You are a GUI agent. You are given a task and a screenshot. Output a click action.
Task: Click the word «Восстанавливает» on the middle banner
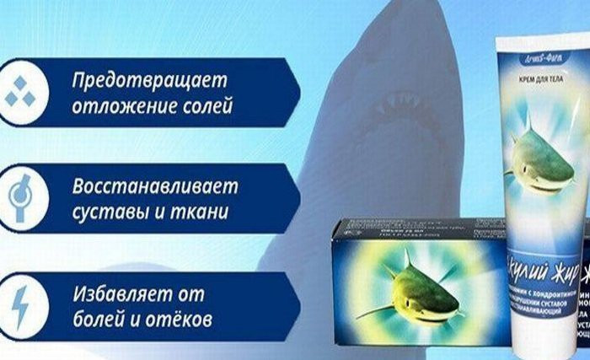click(x=155, y=184)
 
